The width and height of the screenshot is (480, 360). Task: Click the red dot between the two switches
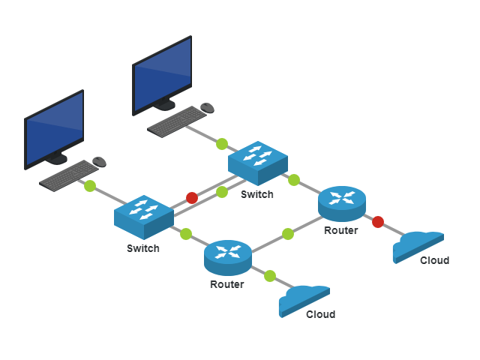click(x=192, y=198)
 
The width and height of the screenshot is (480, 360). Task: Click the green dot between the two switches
click(x=222, y=192)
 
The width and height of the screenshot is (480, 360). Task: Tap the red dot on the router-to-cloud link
click(x=378, y=222)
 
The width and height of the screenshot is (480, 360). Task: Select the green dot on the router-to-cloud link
click(x=270, y=276)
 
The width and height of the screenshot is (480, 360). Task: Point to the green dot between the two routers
click(x=288, y=234)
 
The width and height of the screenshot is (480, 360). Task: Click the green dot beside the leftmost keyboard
click(x=90, y=186)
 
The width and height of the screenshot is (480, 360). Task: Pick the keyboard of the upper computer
click(x=177, y=121)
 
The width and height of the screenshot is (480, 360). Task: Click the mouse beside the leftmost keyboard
click(x=99, y=161)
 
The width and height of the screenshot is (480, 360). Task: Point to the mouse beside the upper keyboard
click(x=208, y=107)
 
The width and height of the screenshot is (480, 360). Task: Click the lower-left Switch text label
click(x=142, y=248)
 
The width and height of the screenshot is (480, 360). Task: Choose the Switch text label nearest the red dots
click(x=256, y=194)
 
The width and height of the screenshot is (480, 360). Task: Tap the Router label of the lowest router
click(x=226, y=284)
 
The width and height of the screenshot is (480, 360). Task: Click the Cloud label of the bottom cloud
click(x=320, y=314)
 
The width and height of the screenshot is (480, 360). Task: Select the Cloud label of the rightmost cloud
click(x=434, y=260)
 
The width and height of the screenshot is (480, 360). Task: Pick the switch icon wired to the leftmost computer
click(x=144, y=214)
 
